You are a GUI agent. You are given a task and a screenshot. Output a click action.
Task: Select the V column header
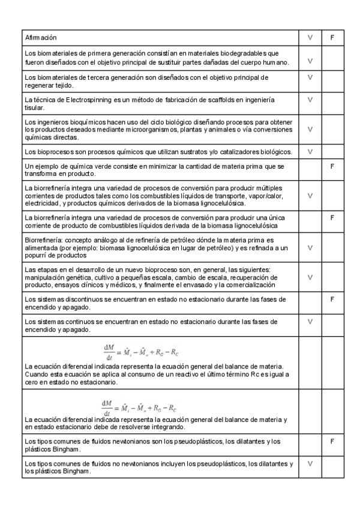(x=310, y=37)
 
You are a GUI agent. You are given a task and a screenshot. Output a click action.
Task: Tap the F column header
(x=332, y=37)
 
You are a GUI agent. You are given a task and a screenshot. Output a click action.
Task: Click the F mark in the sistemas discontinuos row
(x=332, y=298)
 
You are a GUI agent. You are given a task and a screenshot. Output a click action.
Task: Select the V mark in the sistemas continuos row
(x=310, y=322)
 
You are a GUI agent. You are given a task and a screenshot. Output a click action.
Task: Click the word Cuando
(x=37, y=373)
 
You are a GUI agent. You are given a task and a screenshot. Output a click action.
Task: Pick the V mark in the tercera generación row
(x=310, y=77)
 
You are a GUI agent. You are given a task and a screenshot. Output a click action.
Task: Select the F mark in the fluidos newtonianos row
(x=332, y=441)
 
